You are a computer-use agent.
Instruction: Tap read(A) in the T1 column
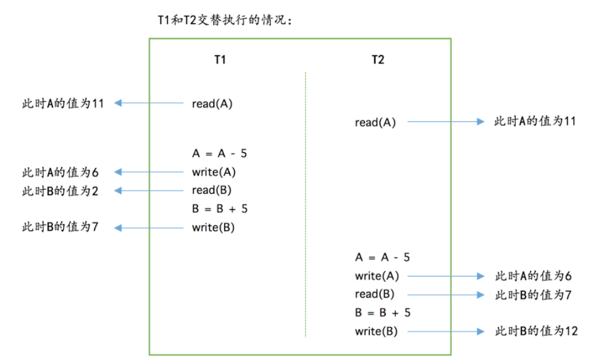coord(212,104)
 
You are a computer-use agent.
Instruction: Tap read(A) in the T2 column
coord(375,123)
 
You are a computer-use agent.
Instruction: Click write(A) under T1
coord(214,172)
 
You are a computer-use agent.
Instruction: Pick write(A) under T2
coord(377,276)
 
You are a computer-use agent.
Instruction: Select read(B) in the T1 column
coord(212,190)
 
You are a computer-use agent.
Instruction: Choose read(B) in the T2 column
coord(375,294)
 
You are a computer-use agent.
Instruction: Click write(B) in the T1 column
coord(213,228)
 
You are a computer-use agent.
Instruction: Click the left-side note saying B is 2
coord(60,191)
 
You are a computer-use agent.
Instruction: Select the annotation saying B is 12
coord(535,331)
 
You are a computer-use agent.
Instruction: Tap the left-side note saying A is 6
coord(60,172)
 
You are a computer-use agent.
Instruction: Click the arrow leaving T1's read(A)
coord(150,103)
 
